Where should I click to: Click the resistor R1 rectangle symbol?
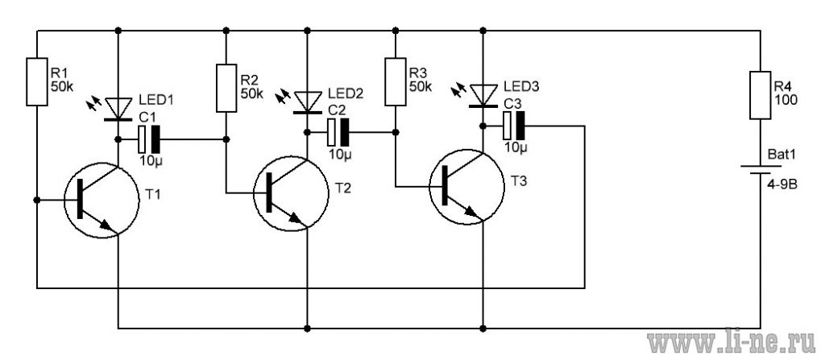coord(37,82)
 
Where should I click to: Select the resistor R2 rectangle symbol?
coord(226,88)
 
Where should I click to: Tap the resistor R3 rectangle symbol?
coord(395,81)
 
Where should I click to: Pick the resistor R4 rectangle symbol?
coord(760,95)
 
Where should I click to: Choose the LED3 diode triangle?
coord(483,96)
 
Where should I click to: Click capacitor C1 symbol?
coord(149,139)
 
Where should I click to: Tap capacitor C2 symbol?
coord(338,133)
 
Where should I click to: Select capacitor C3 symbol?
coord(514,126)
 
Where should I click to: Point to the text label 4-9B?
coord(783,184)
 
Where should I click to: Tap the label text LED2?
coord(346,93)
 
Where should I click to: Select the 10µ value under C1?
coord(151,161)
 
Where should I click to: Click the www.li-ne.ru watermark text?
coord(734,343)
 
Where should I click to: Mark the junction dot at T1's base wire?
coord(37,200)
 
